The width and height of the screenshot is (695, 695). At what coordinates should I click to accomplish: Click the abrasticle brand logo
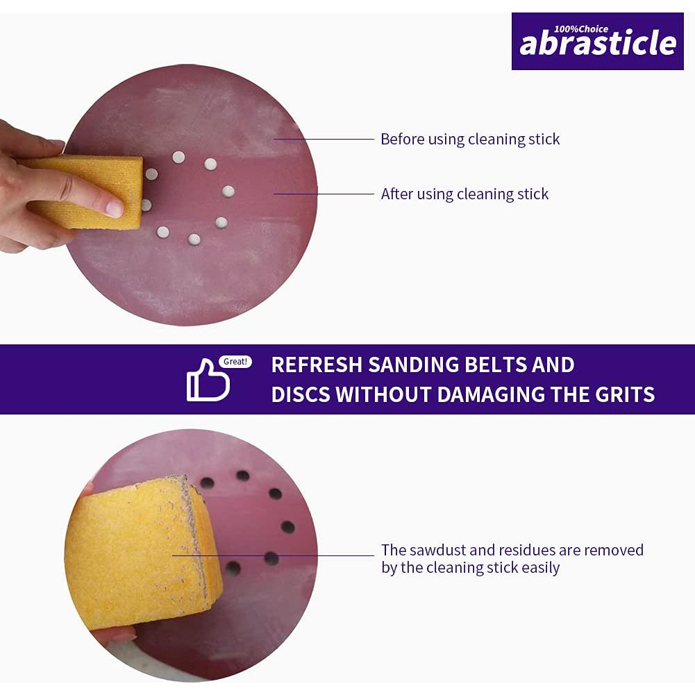tap(598, 41)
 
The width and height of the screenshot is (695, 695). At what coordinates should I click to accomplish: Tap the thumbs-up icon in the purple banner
tap(208, 380)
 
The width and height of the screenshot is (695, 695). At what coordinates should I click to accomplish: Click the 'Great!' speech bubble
tap(235, 362)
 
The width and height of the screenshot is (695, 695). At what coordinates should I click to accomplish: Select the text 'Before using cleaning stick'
tap(470, 139)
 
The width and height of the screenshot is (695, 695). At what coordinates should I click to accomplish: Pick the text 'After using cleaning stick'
tap(464, 194)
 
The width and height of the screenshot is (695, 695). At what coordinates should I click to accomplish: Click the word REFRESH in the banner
tap(317, 365)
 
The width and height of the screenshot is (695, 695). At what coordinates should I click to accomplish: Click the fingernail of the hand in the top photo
tap(115, 208)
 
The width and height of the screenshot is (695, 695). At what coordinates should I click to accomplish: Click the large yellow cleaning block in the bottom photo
tap(143, 552)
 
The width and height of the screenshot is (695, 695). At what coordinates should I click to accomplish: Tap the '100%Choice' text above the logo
tap(581, 29)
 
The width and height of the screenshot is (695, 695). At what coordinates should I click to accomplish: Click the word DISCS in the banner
tap(301, 394)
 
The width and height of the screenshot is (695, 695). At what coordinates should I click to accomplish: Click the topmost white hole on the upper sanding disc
tap(178, 157)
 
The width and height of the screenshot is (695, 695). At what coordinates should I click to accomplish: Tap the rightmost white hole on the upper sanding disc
tap(228, 192)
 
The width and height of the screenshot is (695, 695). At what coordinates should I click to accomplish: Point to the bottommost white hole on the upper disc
tap(194, 240)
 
